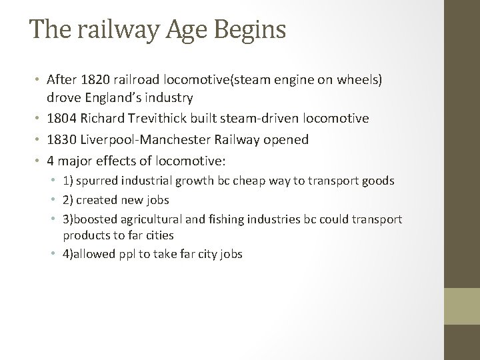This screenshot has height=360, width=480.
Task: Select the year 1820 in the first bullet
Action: [91, 79]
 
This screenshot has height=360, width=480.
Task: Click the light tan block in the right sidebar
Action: [462, 306]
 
